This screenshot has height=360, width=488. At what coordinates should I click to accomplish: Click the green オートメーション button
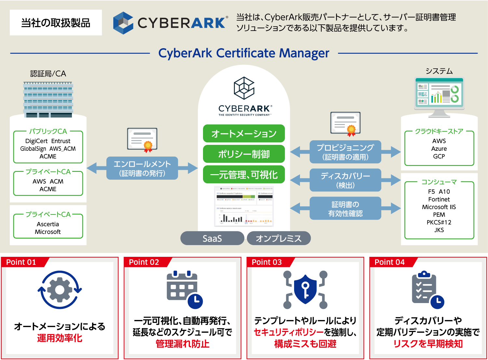click(244, 133)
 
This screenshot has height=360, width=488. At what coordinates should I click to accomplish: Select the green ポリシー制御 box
click(244, 154)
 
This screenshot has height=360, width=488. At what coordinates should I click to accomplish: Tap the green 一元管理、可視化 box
click(244, 175)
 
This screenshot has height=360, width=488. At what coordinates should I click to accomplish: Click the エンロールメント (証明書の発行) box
click(142, 168)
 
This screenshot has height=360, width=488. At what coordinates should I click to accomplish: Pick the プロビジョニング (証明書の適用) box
click(345, 152)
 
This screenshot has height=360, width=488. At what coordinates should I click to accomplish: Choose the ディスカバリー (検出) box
click(345, 180)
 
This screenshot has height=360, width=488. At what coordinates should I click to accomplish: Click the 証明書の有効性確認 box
click(345, 209)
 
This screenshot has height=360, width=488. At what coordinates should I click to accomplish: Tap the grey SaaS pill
click(212, 238)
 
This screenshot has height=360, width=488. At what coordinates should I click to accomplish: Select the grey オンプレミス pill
click(278, 238)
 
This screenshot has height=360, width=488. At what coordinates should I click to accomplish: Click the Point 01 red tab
click(21, 262)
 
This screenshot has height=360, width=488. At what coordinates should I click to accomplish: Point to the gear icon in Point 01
click(60, 290)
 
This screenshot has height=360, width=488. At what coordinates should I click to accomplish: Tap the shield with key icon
click(305, 289)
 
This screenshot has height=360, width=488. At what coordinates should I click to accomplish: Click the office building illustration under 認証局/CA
click(48, 99)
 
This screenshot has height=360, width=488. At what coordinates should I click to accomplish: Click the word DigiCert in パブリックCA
click(36, 141)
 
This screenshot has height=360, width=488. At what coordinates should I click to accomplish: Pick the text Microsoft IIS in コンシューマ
click(439, 207)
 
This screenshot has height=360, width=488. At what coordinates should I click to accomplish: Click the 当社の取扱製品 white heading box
click(56, 23)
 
